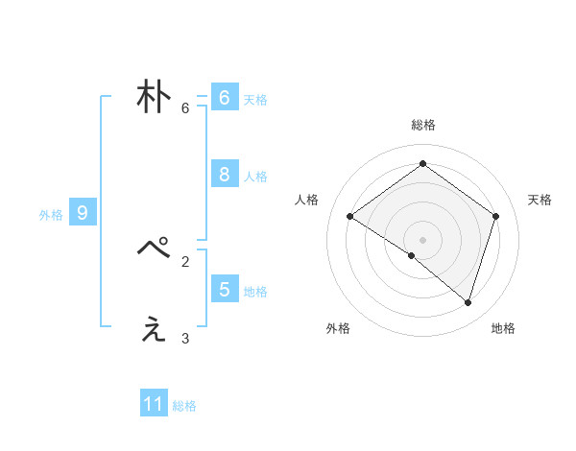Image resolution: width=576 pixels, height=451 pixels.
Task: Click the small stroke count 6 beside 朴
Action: (185, 108)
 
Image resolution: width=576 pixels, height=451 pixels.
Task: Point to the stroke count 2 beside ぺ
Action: (185, 260)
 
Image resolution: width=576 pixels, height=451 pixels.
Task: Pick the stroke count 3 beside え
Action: (185, 338)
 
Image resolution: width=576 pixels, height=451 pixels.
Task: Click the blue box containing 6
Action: (224, 98)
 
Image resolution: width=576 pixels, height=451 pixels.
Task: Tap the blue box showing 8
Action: (224, 174)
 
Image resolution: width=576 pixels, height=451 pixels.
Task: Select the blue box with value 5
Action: (224, 289)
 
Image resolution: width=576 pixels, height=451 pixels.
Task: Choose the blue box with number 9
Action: (83, 213)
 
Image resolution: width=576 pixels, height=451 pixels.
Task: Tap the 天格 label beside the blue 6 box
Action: (255, 99)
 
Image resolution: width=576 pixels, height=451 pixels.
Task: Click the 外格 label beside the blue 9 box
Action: (51, 215)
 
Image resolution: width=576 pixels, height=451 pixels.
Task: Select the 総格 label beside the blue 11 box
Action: (184, 406)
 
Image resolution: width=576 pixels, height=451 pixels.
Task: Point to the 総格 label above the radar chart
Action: (422, 125)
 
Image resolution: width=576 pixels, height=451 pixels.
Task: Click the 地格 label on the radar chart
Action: (503, 328)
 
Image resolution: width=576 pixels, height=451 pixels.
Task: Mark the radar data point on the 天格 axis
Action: (495, 216)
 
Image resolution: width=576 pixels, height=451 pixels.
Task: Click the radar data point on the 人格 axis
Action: (350, 217)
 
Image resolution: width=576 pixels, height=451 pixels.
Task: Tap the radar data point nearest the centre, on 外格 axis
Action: (412, 255)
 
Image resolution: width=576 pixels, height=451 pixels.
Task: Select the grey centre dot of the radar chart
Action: (422, 239)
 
